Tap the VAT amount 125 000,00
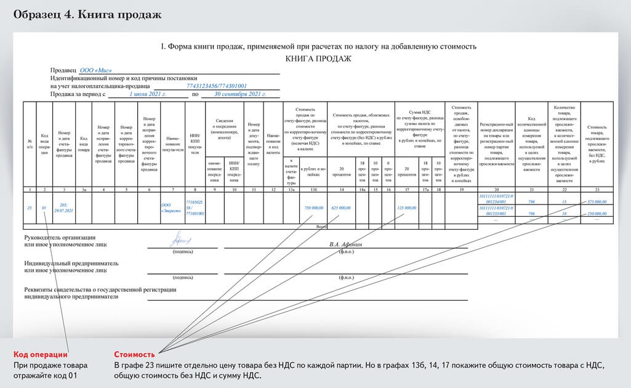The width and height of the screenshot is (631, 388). pyautogui.click(x=406, y=208)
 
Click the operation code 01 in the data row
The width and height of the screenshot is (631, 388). pyautogui.click(x=44, y=208)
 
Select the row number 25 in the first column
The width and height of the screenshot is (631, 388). pyautogui.click(x=30, y=208)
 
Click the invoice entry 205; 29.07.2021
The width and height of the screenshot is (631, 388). pyautogui.click(x=65, y=208)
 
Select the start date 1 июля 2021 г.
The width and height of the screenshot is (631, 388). pyautogui.click(x=148, y=94)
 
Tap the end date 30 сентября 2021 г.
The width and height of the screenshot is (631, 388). pyautogui.click(x=237, y=94)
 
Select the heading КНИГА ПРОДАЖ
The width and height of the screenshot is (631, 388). pyautogui.click(x=318, y=59)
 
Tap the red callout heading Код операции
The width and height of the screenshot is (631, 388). pyautogui.click(x=41, y=355)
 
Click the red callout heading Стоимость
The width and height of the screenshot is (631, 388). pyautogui.click(x=134, y=355)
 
